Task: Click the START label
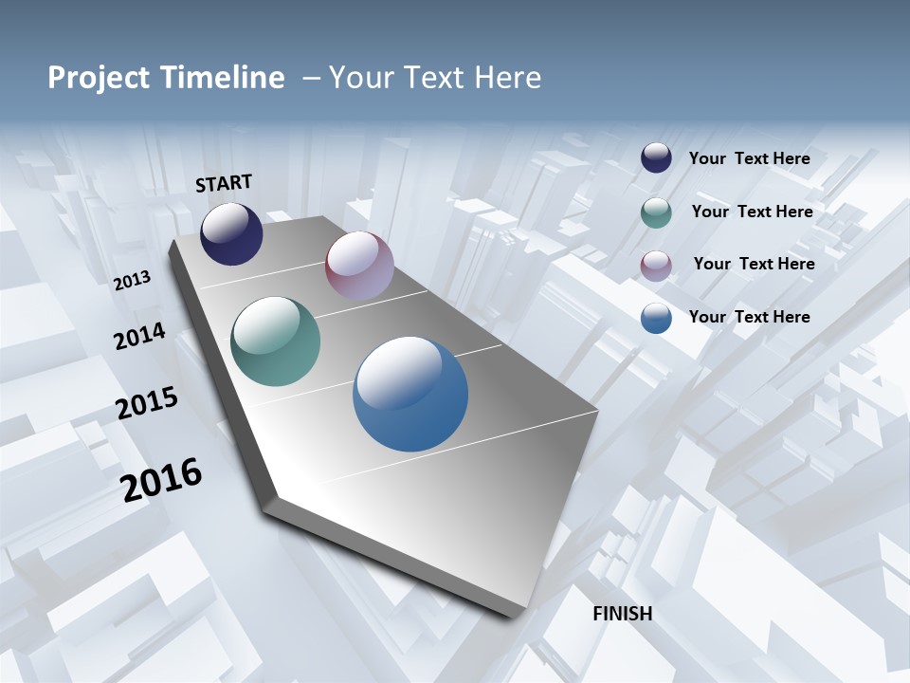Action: click(224, 183)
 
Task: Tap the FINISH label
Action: click(623, 614)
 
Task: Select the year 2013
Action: click(133, 281)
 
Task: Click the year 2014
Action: click(139, 337)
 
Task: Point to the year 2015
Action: click(147, 403)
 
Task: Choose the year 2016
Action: click(161, 479)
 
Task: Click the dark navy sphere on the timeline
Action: click(231, 233)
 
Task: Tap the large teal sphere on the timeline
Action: click(275, 341)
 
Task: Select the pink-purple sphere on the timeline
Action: click(359, 266)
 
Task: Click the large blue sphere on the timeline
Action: click(410, 394)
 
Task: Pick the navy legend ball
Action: click(656, 158)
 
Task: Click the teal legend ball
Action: click(656, 212)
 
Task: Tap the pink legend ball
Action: click(656, 266)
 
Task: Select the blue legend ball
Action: click(656, 318)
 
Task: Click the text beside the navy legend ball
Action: click(749, 158)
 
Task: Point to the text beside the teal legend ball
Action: click(752, 212)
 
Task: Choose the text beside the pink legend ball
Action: click(754, 264)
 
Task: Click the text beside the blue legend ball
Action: click(749, 317)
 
